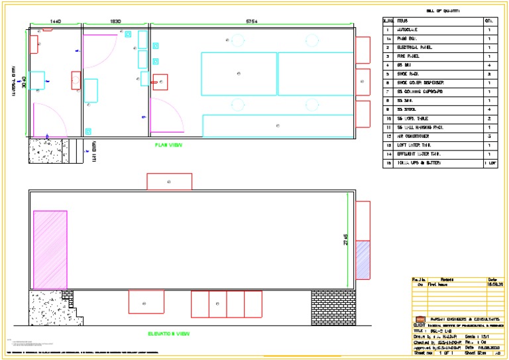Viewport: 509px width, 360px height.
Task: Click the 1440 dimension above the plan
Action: [56, 22]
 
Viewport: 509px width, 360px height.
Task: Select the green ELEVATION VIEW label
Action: [169, 333]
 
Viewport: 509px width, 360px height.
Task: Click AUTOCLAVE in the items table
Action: [408, 30]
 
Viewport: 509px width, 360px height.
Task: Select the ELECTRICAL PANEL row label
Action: [414, 48]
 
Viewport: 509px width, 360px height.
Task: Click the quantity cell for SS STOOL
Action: [488, 109]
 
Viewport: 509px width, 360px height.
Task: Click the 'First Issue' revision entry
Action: [437, 284]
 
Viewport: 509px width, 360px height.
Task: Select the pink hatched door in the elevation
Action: [50, 250]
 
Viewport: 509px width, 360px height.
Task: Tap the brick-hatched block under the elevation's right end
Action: [333, 307]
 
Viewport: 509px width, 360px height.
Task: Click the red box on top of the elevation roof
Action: [169, 182]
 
